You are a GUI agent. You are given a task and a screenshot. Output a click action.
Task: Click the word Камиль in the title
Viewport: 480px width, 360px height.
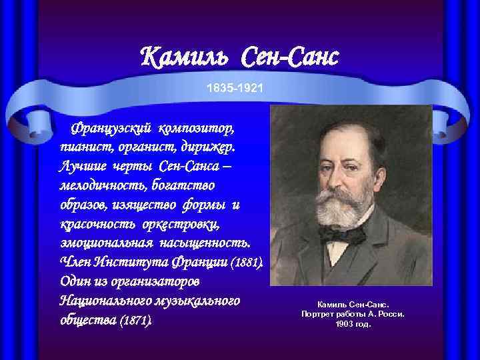coord(189,58)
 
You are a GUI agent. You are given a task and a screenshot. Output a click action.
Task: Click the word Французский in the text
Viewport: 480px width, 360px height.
coord(115,126)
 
